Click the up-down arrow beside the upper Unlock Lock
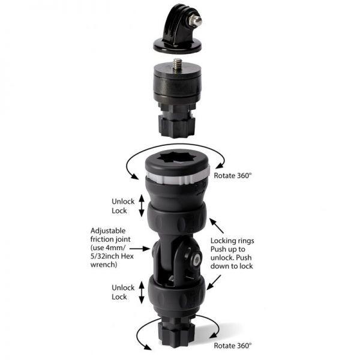pos(141,206)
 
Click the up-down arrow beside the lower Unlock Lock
pos(141,292)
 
